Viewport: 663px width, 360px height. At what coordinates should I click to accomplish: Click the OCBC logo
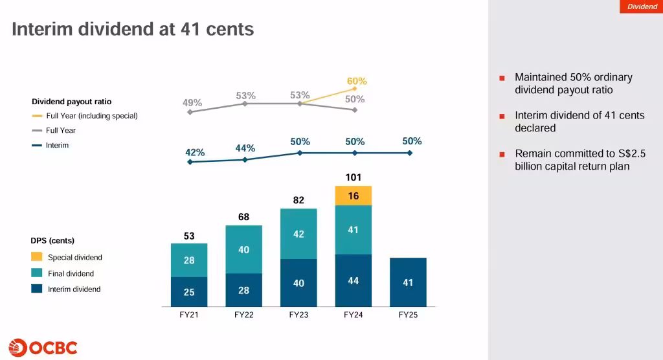tap(43, 347)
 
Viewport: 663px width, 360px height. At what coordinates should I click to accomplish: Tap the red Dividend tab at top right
tap(642, 6)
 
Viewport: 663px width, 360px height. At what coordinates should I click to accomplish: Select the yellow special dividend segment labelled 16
tap(354, 196)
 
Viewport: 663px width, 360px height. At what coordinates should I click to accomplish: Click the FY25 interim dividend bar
tap(408, 282)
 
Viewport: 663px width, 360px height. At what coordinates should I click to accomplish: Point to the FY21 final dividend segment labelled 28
tap(189, 260)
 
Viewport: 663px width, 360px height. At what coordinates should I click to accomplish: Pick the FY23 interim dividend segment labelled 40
tap(298, 283)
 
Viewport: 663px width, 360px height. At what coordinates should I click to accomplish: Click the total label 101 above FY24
tap(354, 177)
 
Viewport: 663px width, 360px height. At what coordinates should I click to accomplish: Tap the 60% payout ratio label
tap(357, 81)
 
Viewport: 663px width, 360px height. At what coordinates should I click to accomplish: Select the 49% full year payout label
tap(192, 102)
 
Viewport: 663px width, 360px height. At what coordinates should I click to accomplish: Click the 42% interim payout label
tap(195, 152)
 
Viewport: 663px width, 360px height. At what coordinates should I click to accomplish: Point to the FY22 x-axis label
tap(243, 315)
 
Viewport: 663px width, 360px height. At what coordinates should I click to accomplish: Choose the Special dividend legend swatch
tap(37, 257)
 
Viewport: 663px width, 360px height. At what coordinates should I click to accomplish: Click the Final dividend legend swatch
tap(37, 273)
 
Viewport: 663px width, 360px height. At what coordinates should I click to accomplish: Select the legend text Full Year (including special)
tap(91, 116)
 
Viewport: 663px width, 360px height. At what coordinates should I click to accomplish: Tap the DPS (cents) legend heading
tap(52, 241)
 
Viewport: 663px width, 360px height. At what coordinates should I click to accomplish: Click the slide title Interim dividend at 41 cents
tap(133, 29)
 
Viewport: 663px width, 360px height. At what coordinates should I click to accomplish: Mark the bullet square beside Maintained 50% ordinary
tap(502, 78)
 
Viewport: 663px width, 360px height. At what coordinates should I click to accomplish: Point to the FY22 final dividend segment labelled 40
tap(243, 249)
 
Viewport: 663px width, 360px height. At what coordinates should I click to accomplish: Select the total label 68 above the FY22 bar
tap(243, 217)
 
